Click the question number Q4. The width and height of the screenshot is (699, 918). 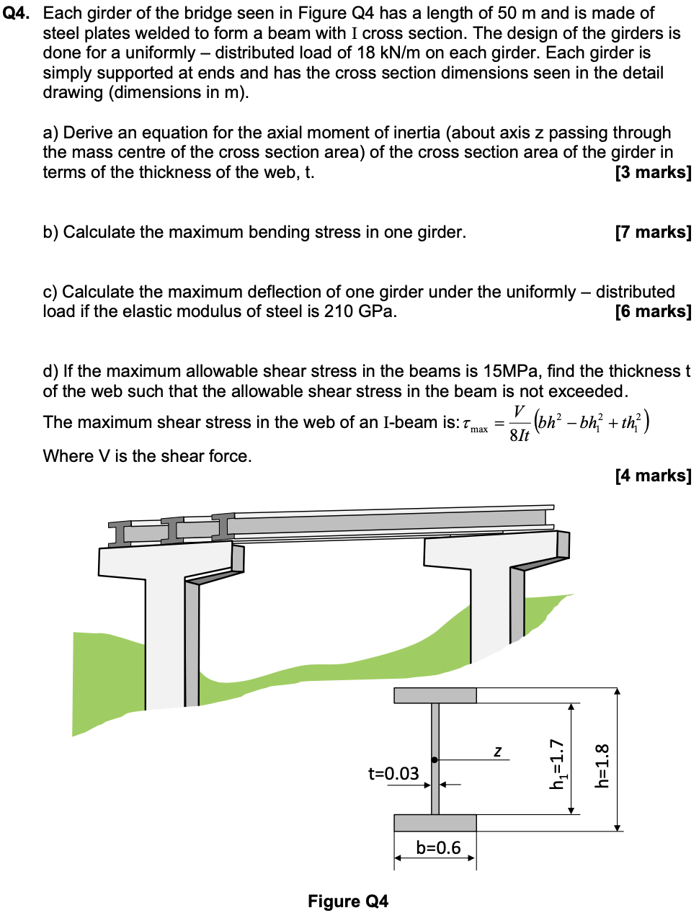(16, 13)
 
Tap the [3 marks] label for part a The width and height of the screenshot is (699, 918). (652, 172)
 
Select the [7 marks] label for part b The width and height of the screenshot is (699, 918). (652, 232)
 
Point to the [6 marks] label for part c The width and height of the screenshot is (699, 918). (652, 311)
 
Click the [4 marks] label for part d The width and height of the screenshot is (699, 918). (652, 476)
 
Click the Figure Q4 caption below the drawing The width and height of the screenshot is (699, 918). (348, 901)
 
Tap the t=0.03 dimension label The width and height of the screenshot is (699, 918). (393, 774)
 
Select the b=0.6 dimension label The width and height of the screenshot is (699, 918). (438, 847)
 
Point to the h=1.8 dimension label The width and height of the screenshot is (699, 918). (602, 765)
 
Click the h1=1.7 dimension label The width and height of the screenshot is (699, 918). (558, 764)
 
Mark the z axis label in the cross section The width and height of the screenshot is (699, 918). (497, 751)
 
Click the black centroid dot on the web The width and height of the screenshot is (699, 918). (435, 759)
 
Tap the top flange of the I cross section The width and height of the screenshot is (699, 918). (435, 695)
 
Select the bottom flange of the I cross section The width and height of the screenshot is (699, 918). (435, 823)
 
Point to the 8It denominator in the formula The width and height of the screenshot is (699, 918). (519, 435)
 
